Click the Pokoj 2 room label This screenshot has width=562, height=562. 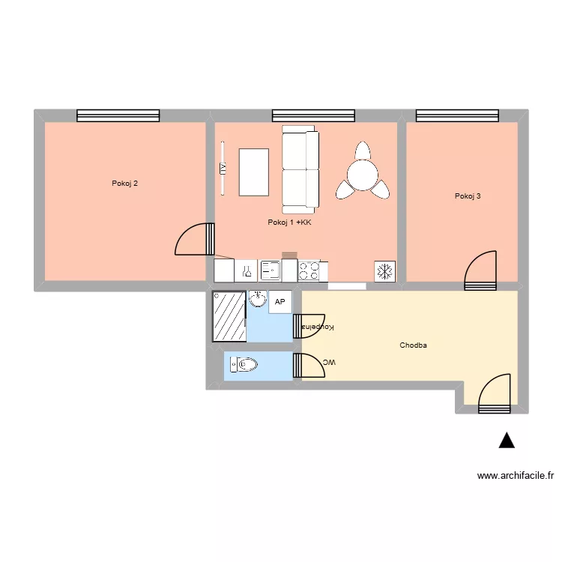coord(124,183)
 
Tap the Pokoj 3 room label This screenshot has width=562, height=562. coord(468,196)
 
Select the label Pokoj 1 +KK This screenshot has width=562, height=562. coord(289,223)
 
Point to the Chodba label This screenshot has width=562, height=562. coord(413,345)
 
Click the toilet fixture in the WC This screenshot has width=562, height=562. coord(244,365)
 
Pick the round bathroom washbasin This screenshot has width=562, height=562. coord(257,300)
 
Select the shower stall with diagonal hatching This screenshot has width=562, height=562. coord(229,316)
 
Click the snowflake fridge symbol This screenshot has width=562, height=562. coord(385,271)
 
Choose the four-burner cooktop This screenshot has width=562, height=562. coord(309,270)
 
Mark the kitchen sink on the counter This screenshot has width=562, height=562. coord(270,270)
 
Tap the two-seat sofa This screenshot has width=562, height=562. coord(300,169)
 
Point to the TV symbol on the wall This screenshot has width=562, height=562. coord(223,169)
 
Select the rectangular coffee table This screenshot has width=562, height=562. coord(253,172)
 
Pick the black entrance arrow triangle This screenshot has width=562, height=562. coord(507,441)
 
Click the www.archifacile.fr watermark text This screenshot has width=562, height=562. coord(516,475)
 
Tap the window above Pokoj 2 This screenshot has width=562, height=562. coord(118,115)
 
